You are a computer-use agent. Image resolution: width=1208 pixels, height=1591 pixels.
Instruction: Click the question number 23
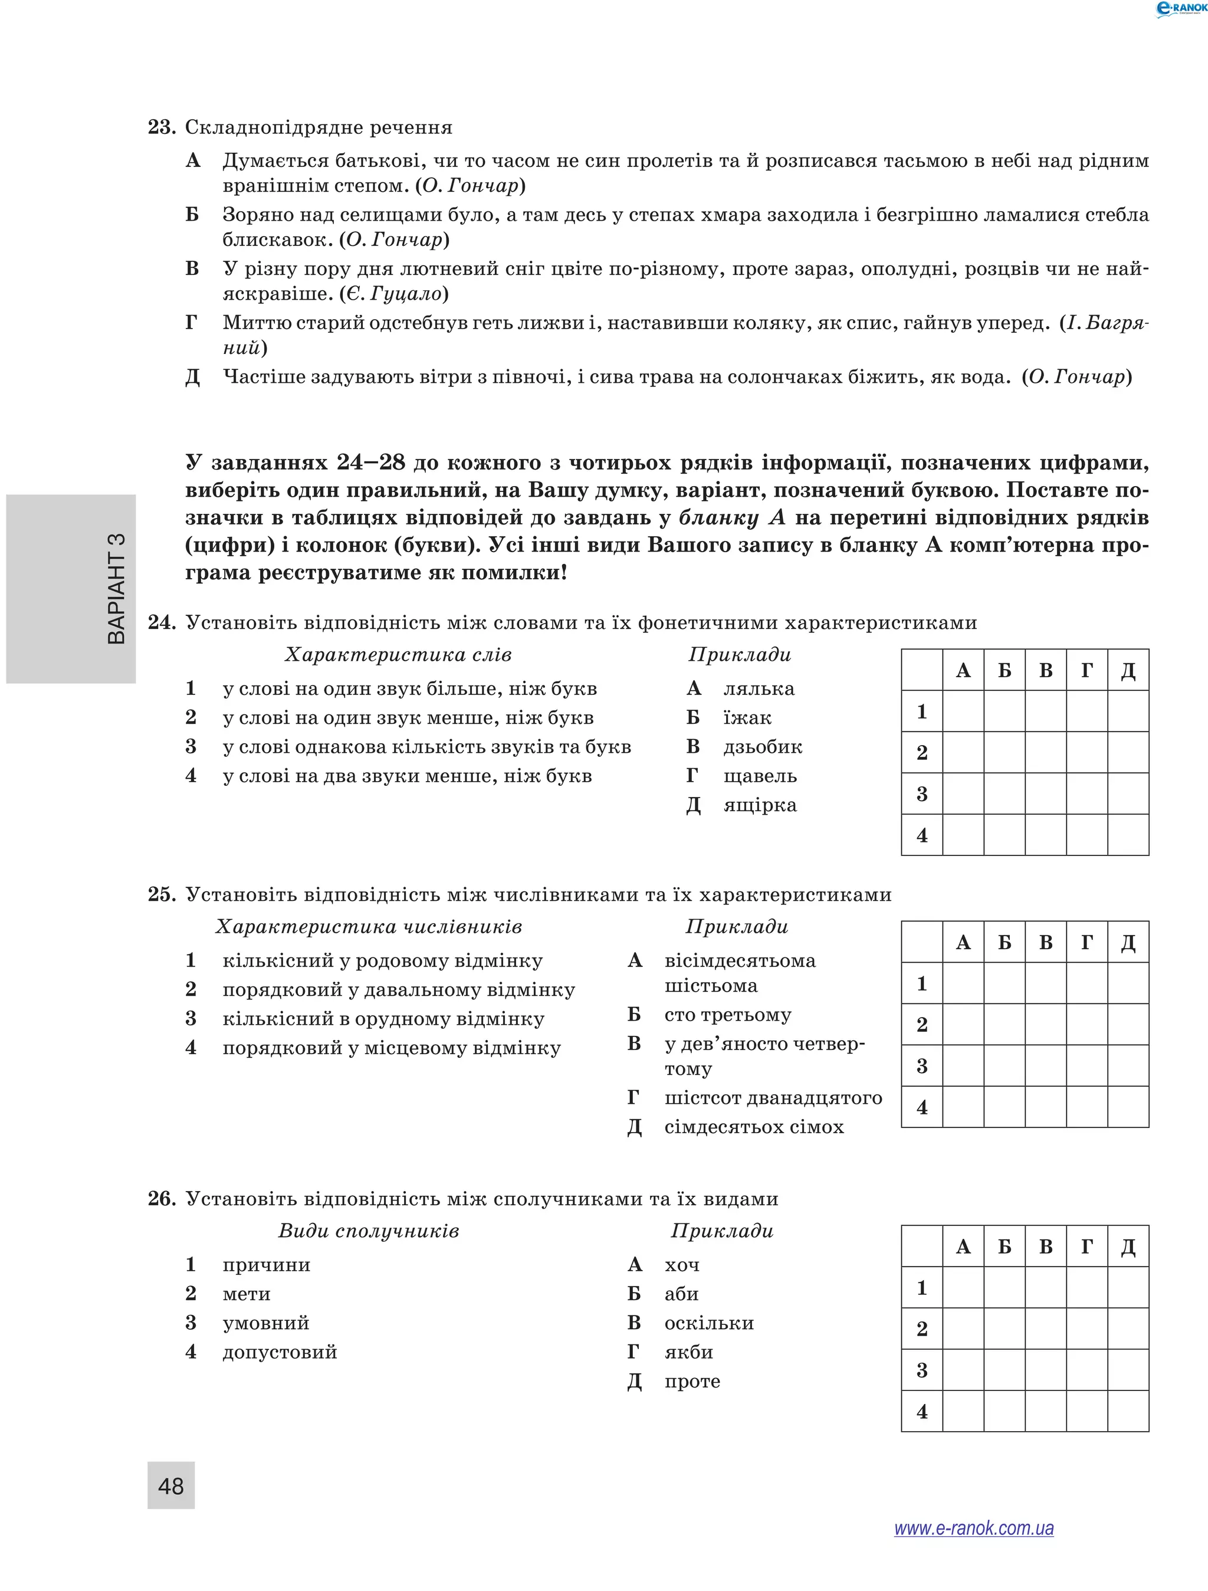coord(161,127)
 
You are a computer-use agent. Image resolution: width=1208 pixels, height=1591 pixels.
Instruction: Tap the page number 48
coord(171,1485)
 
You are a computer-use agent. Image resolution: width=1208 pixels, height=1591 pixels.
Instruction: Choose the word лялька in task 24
coord(759,688)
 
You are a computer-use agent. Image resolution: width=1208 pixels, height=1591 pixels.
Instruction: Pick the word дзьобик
coord(762,747)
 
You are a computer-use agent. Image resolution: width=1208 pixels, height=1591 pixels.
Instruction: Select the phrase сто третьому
coord(728,1014)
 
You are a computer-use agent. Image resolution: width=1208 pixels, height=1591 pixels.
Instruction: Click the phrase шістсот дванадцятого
coord(773,1098)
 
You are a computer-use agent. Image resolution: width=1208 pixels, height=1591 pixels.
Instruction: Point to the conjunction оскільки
coord(709,1323)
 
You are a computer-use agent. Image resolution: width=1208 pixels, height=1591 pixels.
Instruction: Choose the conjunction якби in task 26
coord(688,1352)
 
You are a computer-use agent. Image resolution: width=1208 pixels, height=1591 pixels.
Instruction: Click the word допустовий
coord(280,1352)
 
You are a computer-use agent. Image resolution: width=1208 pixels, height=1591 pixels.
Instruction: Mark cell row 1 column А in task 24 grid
coord(963,711)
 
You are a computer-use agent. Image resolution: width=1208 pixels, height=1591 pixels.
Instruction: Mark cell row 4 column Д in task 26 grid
coord(1127,1411)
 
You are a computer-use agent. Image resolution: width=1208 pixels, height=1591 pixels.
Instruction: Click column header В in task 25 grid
coord(1045,942)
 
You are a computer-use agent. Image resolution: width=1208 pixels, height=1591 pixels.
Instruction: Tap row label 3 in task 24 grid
coord(922,794)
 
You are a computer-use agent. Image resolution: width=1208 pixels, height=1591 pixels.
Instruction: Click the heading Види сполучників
coord(368,1231)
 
